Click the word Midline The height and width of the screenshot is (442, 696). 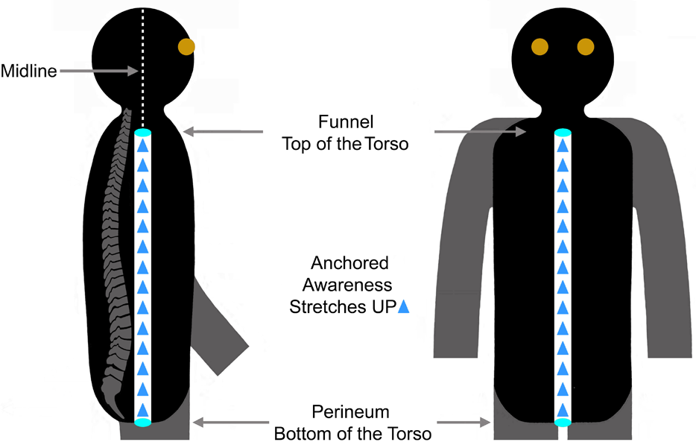tap(28, 72)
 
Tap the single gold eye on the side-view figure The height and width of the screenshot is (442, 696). tap(186, 47)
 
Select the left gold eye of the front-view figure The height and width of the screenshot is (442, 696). tap(540, 47)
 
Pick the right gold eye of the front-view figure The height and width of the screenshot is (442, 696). tap(586, 47)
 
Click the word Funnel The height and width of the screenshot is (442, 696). tap(345, 121)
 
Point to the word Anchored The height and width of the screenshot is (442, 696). tap(349, 263)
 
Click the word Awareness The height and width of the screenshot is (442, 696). tap(349, 285)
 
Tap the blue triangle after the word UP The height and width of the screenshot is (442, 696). tap(403, 306)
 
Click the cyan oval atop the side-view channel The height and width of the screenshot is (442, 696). tap(143, 133)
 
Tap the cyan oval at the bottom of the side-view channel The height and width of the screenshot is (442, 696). tap(143, 423)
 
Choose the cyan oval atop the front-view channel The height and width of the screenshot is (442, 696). tap(563, 133)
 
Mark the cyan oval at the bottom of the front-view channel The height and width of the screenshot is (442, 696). tap(563, 423)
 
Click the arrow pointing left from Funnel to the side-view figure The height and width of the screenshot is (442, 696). tap(224, 132)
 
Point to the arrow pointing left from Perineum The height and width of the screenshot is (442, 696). tap(228, 422)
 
